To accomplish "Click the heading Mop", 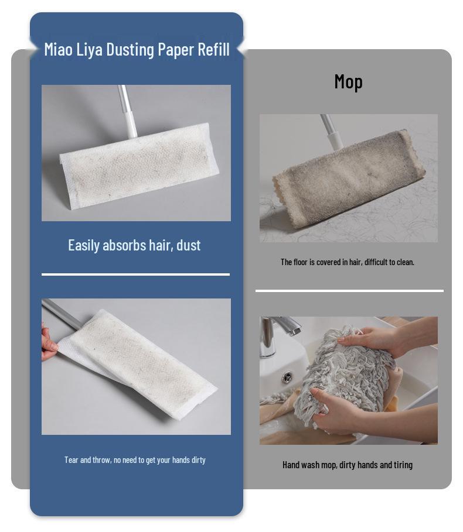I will (x=348, y=81).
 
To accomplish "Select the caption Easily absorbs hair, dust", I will (x=134, y=245).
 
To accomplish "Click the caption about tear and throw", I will (x=135, y=459).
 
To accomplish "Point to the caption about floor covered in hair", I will (x=347, y=262).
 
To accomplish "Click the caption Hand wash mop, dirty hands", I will (x=347, y=465).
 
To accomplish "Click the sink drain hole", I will (x=287, y=377).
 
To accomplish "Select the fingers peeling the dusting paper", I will (x=49, y=345).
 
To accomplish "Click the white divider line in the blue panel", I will (x=135, y=274).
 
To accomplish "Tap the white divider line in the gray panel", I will (x=349, y=290).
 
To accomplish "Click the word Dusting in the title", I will (x=130, y=49).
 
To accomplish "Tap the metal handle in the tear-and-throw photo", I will (x=62, y=313).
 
